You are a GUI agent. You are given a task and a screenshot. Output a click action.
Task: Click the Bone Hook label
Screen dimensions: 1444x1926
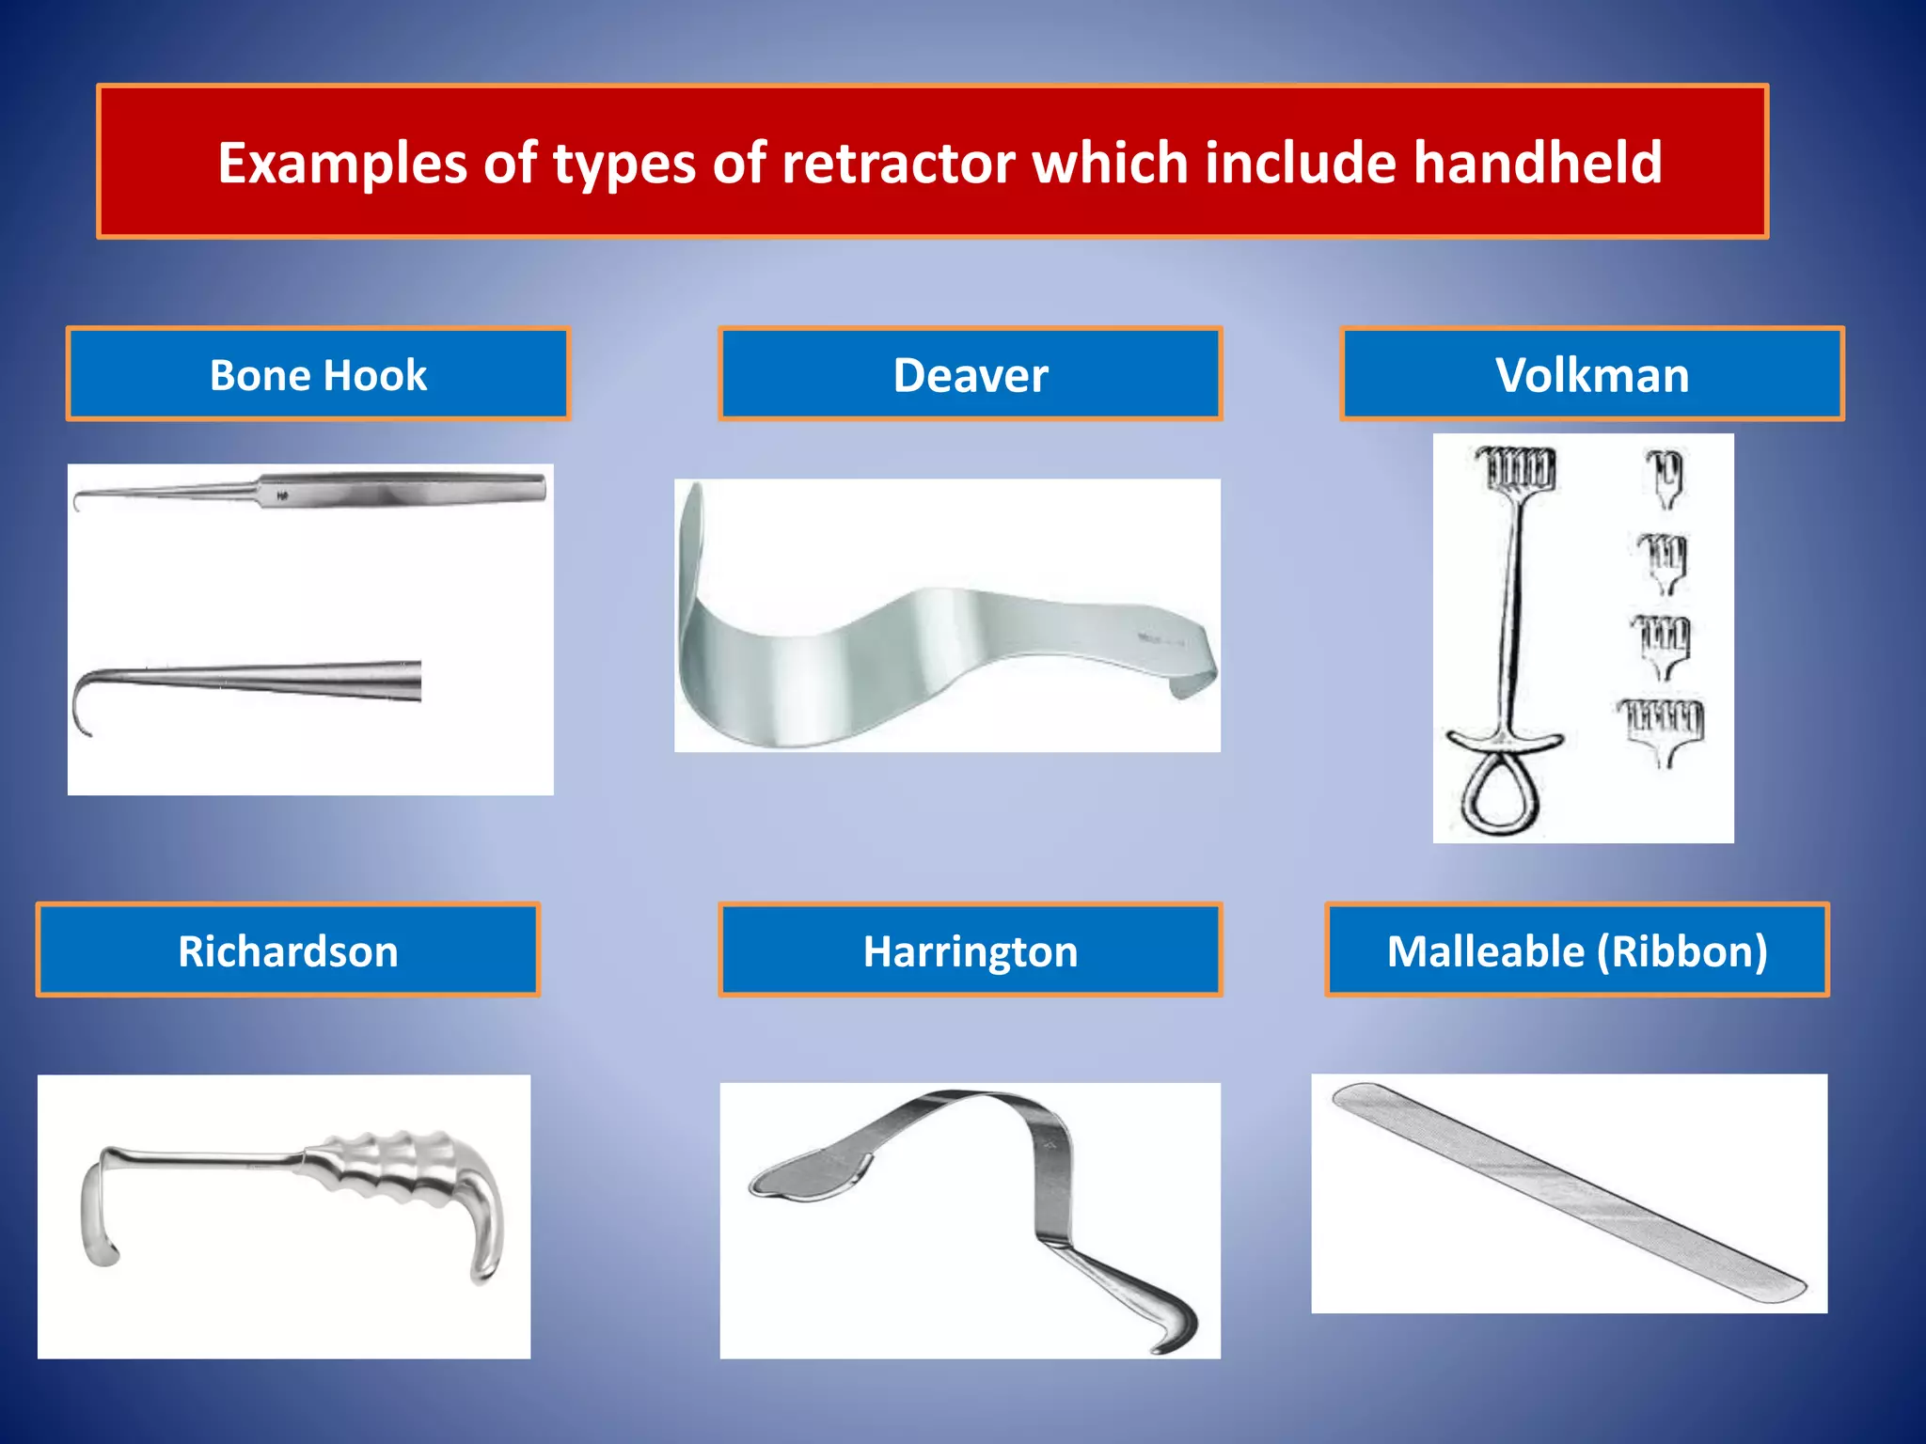318,374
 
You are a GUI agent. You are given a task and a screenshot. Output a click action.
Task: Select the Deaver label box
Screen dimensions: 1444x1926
970,374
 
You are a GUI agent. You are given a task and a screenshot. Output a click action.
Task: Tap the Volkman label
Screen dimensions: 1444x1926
1591,374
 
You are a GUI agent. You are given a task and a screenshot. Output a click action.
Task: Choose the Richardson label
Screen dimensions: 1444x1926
288,950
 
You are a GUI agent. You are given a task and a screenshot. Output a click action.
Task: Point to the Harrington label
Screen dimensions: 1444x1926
970,950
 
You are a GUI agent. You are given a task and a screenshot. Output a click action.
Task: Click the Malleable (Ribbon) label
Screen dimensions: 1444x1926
1577,950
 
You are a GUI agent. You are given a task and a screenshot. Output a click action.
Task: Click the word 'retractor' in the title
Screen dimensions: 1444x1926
898,162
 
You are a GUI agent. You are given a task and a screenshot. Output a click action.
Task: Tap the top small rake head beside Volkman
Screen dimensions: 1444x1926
1665,476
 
